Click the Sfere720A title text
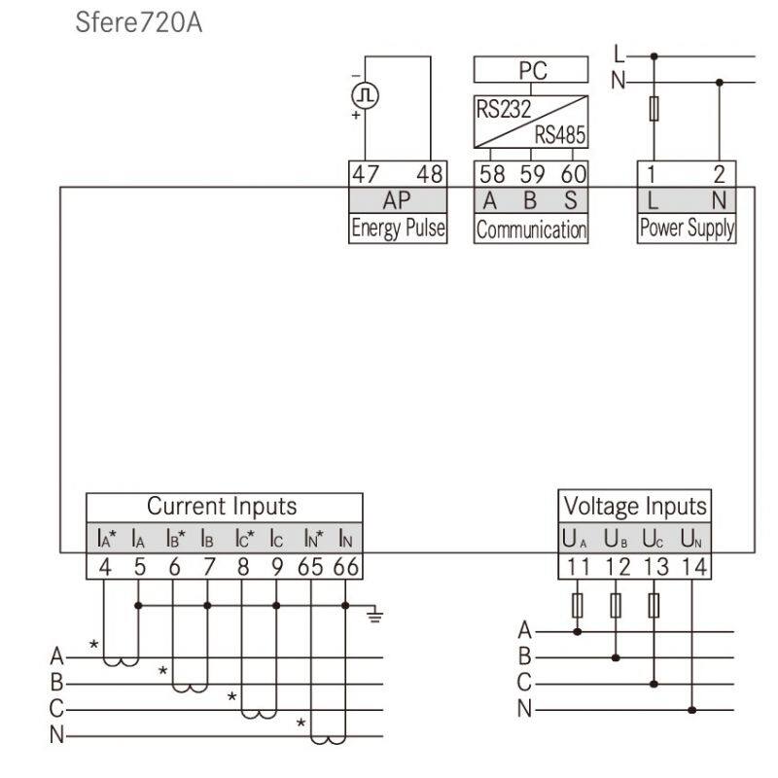[138, 22]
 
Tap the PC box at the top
[531, 69]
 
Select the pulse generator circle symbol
[366, 95]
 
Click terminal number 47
[366, 174]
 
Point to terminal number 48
[429, 174]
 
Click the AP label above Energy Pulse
[397, 200]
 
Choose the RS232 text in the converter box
[503, 109]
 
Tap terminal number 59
[532, 174]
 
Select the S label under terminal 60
[571, 200]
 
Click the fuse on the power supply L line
[654, 109]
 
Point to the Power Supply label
[687, 229]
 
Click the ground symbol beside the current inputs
[374, 616]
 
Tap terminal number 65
[310, 567]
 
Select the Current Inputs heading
[222, 507]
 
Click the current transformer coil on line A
[121, 661]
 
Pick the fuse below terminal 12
[616, 605]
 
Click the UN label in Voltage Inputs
[690, 539]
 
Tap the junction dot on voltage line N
[692, 710]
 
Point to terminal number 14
[694, 567]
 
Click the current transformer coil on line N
[329, 739]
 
